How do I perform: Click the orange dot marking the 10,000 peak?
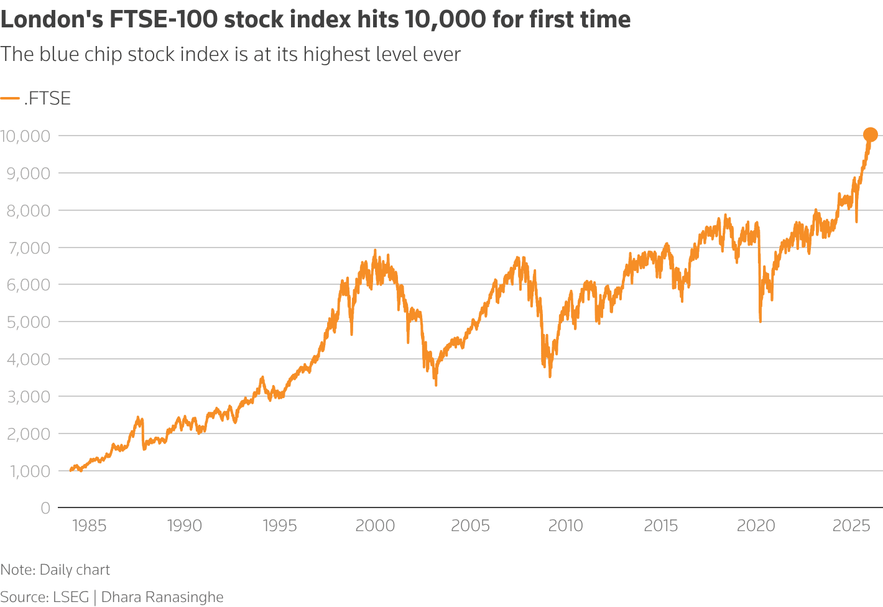pos(870,134)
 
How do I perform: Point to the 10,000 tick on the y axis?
pos(25,136)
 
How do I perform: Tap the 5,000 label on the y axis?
pos(27,322)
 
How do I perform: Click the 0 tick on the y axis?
pos(45,508)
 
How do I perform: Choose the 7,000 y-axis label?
pos(27,248)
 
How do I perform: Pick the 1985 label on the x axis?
pos(90,526)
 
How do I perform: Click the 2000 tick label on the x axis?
pos(375,526)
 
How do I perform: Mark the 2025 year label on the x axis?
pos(851,526)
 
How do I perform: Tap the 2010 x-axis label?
pos(566,526)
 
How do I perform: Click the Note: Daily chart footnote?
pos(55,570)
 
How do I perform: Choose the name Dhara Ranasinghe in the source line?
pos(162,597)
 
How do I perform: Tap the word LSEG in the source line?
pos(71,597)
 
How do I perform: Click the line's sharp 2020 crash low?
pos(760,321)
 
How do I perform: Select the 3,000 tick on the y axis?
pos(27,396)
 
